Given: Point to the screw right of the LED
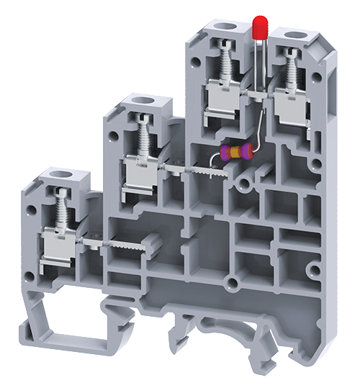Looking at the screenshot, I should [291, 69].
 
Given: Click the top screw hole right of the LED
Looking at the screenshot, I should [294, 35].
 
